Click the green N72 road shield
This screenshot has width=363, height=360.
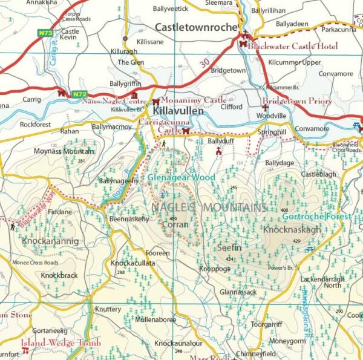click(79, 94)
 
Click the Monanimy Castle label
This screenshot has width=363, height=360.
click(194, 100)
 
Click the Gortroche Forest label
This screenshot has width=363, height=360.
click(325, 216)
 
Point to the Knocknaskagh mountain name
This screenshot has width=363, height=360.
click(292, 230)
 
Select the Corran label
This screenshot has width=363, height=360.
click(175, 224)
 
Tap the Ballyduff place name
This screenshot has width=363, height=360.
click(220, 140)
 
